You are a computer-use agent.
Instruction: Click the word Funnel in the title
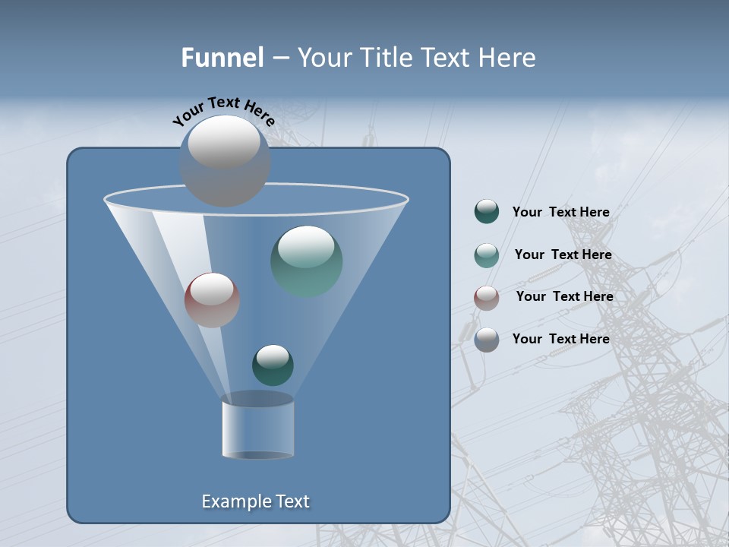(x=222, y=58)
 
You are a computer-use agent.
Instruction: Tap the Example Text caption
(x=256, y=501)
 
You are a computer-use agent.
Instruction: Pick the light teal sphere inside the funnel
(x=307, y=261)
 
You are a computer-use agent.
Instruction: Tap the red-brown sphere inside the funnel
(x=212, y=300)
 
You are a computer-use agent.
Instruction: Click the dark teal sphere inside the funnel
(x=273, y=365)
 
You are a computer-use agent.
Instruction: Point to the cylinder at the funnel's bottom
(x=257, y=426)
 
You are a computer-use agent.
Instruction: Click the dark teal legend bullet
(x=487, y=212)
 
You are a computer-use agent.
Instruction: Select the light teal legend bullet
(x=487, y=255)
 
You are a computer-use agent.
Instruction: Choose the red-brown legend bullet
(x=487, y=297)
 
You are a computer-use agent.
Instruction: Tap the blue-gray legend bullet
(x=487, y=340)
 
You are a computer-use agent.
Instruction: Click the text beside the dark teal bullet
(x=560, y=213)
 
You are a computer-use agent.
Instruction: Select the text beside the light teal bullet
(x=563, y=255)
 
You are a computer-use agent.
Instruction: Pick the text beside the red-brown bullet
(x=564, y=296)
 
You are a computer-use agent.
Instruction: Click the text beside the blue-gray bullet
(x=560, y=339)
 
